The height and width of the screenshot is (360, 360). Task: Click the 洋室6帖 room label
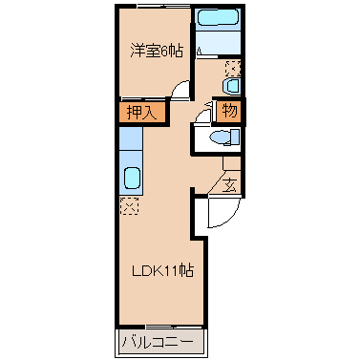[x=157, y=51]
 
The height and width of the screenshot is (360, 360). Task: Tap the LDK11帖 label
[x=162, y=271]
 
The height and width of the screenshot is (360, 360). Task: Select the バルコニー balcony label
[x=158, y=342]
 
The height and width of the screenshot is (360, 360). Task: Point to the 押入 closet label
[x=142, y=112]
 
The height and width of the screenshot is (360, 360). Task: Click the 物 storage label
[x=229, y=111]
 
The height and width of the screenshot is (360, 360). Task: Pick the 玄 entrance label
[x=229, y=185]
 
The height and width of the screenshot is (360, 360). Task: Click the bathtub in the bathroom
[x=218, y=18]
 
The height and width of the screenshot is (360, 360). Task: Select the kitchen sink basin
[x=132, y=179]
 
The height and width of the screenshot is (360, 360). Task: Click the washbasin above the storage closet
[x=232, y=86]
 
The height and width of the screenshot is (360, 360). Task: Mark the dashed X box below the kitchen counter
[x=130, y=206]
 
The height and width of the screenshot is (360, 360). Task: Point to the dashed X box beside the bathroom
[x=233, y=68]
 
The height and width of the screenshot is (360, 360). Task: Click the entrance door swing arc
[x=230, y=218]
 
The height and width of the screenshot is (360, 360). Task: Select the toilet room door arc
[x=200, y=114]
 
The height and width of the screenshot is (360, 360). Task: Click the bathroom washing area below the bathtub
[x=218, y=43]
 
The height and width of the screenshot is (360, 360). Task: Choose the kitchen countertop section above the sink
[x=131, y=138]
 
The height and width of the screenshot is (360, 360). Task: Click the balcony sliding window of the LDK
[x=174, y=327]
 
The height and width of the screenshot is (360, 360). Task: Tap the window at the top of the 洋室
[x=163, y=6]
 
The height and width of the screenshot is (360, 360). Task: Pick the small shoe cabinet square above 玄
[x=232, y=163]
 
